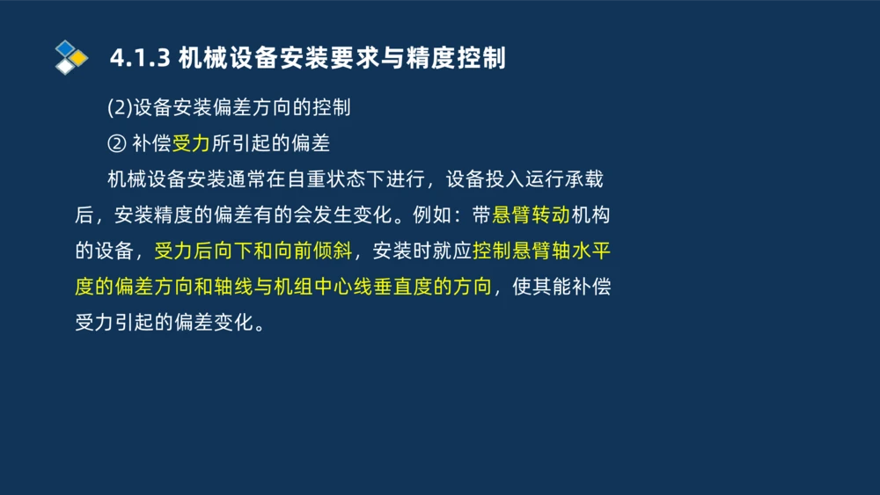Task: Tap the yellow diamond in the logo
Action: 78,58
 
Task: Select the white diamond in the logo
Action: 64,67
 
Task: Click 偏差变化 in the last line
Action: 214,323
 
